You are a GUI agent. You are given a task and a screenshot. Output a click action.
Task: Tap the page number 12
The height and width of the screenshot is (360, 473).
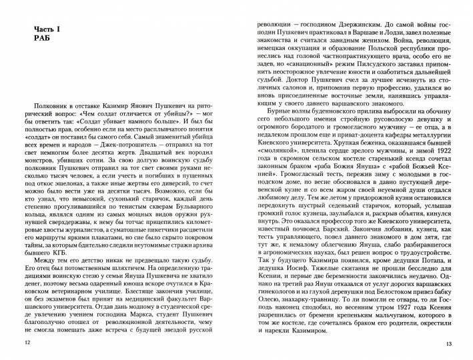coord(26,343)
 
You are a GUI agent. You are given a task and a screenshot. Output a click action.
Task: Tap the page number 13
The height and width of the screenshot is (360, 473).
coord(448,343)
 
